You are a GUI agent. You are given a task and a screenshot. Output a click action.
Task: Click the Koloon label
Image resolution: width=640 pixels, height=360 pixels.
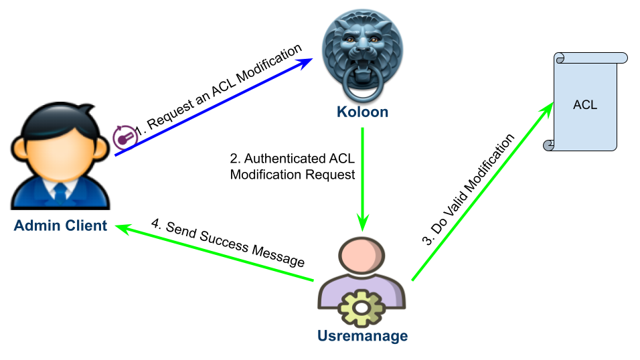pos(362,111)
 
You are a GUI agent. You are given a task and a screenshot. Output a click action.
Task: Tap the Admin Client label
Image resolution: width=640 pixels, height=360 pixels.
pos(60,226)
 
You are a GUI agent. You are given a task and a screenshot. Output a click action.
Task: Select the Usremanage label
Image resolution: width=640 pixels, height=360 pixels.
pos(363,335)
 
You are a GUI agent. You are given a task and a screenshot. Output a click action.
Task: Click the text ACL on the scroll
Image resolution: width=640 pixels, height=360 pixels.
pos(585,104)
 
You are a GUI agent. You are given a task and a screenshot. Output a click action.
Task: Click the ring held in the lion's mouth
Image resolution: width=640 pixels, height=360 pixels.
pos(362,83)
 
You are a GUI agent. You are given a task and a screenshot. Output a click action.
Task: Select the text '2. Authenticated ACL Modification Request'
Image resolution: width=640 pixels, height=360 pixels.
pos(292,167)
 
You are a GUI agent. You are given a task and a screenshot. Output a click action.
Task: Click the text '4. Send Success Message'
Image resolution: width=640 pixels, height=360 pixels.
pos(228,244)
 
